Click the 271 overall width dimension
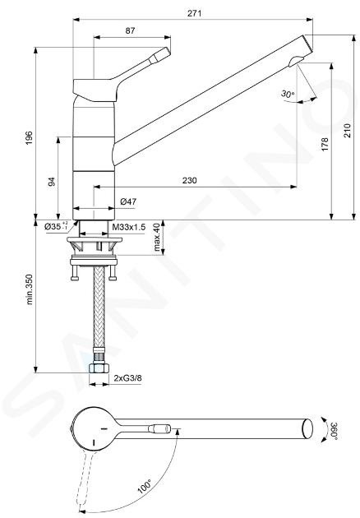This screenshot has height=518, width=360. pos(194,13)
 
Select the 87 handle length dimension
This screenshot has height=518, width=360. pos(130,30)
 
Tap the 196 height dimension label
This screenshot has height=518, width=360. pos(30,138)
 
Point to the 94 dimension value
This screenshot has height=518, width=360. pos(52,182)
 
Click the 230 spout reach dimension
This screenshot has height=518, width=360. pos(189,180)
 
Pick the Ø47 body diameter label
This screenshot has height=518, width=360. pos(128,201)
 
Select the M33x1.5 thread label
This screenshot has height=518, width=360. pos(129,227)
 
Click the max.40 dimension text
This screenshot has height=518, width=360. pos(156,237)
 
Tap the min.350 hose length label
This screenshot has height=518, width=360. pos(30,289)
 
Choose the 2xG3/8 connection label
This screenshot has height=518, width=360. pos(128,378)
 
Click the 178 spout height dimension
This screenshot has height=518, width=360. pos(325,145)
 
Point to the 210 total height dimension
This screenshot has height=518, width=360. pos(348,131)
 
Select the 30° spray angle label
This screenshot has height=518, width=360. pos(288,94)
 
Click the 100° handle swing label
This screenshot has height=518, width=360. pos(145,487)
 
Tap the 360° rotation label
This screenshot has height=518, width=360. pos(334,431)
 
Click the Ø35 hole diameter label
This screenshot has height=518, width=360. pos(56,226)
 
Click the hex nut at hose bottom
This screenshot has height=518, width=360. pos(99,368)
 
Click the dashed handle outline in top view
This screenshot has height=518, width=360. pos(85,479)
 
